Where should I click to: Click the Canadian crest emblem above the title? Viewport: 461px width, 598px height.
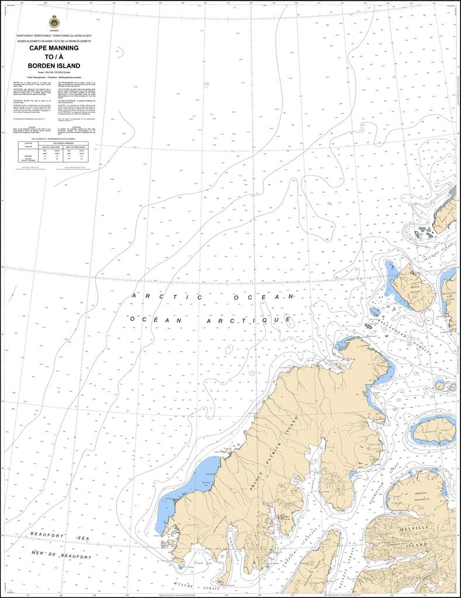click(54, 23)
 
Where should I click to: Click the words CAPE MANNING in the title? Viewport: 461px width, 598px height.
click(54, 49)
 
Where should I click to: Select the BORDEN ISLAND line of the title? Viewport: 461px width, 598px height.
click(54, 65)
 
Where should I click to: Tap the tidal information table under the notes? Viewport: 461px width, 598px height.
click(54, 150)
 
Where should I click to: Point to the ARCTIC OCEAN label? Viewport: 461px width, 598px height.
click(213, 297)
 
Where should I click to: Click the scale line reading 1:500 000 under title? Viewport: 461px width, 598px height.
click(54, 72)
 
